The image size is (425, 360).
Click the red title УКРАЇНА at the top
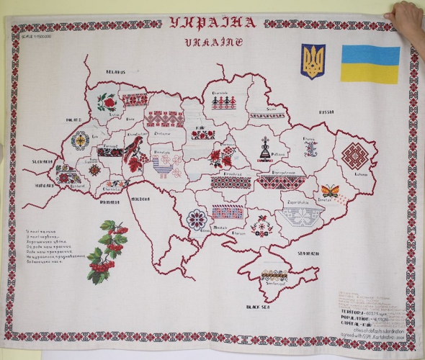pyautogui.click(x=212, y=22)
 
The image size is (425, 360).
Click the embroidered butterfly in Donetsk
pyautogui.click(x=330, y=191)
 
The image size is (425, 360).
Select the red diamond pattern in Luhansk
pyautogui.click(x=354, y=155)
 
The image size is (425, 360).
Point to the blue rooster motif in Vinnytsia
pyautogui.click(x=164, y=167)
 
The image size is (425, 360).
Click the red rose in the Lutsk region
pyautogui.click(x=107, y=101)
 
